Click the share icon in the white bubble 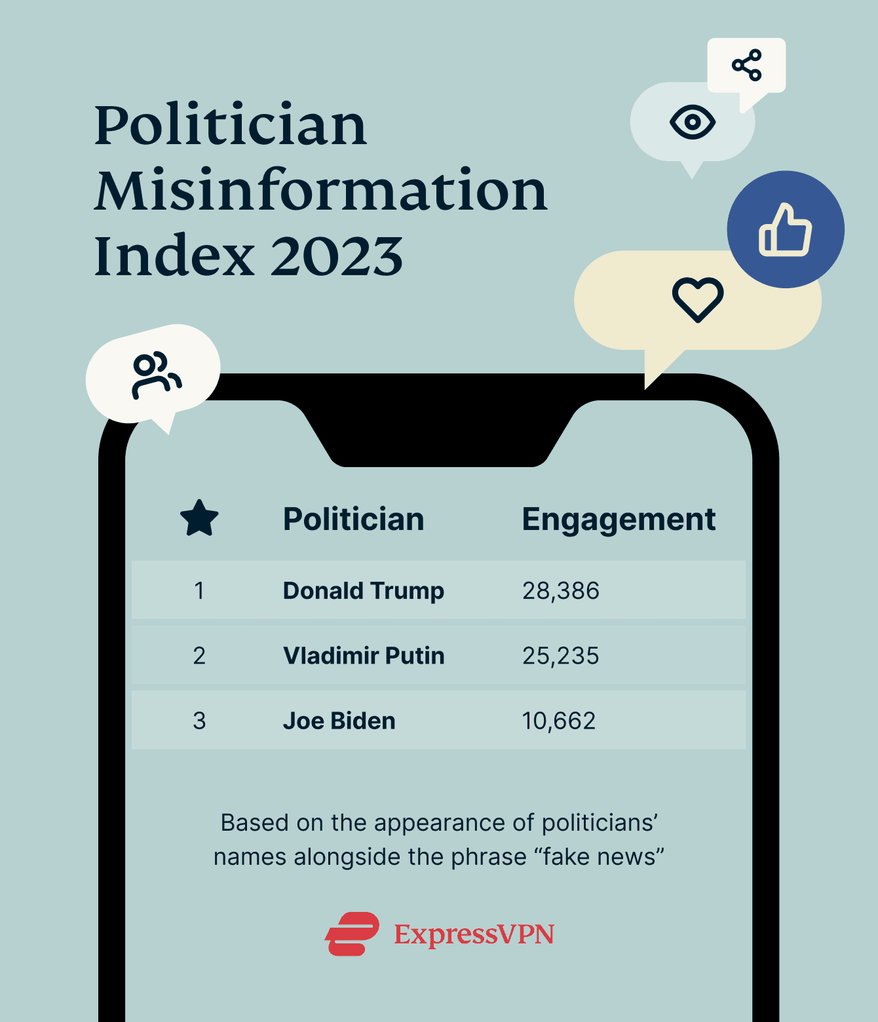(746, 65)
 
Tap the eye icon (693, 122)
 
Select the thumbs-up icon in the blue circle (785, 229)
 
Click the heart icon (698, 299)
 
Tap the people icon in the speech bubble (155, 375)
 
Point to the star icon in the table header (199, 518)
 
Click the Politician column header (353, 520)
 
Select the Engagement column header (618, 520)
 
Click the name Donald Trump (363, 590)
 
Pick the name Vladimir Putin (364, 655)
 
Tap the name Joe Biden (339, 721)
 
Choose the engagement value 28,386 (560, 590)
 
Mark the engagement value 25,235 (560, 655)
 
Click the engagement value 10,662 (558, 721)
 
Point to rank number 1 (199, 590)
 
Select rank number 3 (199, 721)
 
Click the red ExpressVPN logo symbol (353, 934)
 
